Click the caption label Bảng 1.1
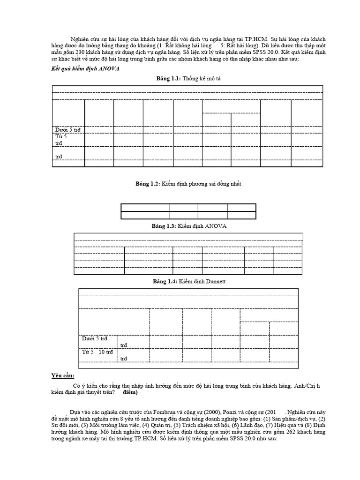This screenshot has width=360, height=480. [168, 78]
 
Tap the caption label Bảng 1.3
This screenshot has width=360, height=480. [163, 226]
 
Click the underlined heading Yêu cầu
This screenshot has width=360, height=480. [62, 375]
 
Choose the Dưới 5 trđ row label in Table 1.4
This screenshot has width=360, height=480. [94, 338]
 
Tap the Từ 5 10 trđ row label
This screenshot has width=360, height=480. [97, 352]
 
